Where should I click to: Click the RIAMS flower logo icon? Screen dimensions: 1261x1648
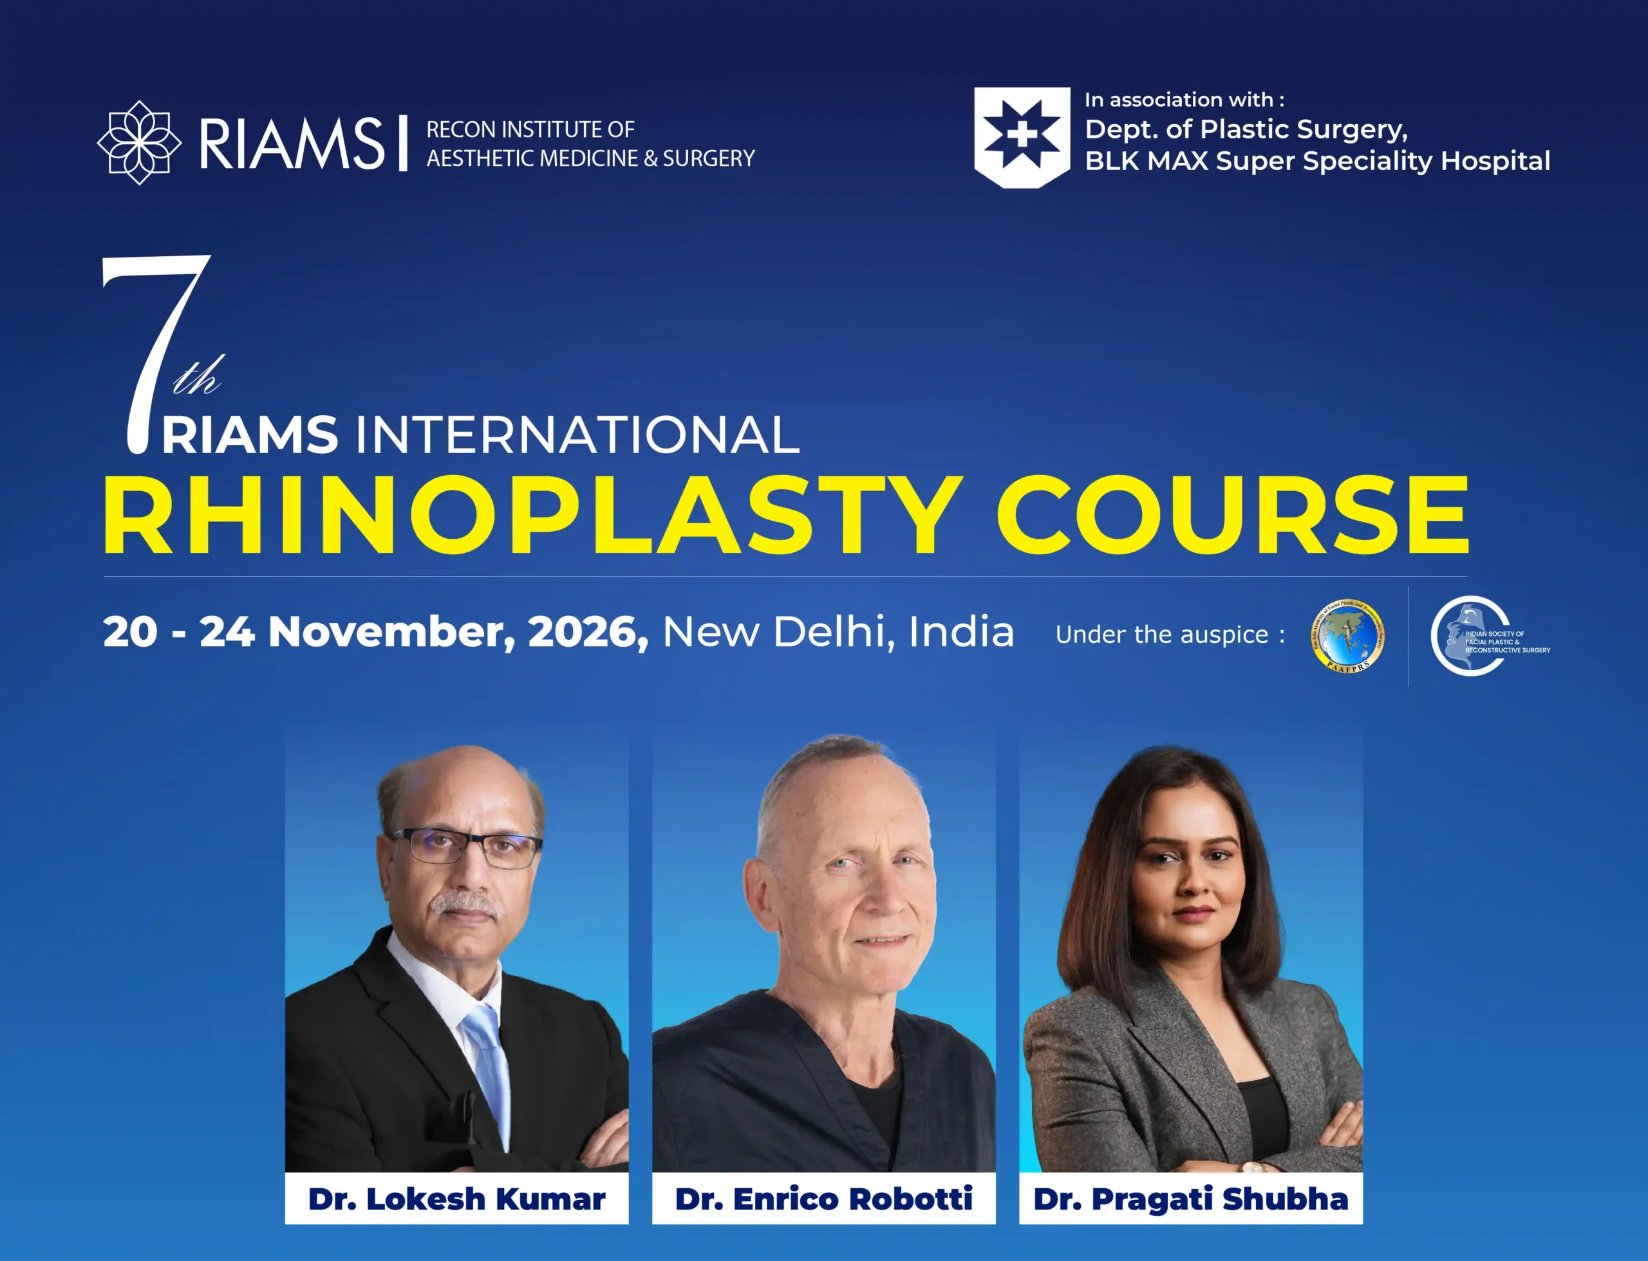point(140,143)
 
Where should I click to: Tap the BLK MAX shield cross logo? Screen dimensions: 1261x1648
point(1022,136)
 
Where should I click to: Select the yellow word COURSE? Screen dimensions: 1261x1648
point(1231,516)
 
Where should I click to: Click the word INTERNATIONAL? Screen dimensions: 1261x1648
point(577,435)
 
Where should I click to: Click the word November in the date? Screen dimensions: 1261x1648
point(391,632)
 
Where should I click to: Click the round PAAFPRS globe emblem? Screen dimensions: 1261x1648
point(1348,635)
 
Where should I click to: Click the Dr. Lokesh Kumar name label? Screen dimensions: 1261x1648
point(456,1199)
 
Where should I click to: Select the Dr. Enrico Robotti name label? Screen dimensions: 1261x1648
point(823,1199)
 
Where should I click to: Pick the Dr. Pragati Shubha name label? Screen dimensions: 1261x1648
point(1190,1199)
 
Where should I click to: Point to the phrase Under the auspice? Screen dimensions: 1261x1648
point(1169,635)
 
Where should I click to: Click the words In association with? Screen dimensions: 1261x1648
point(1183,100)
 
